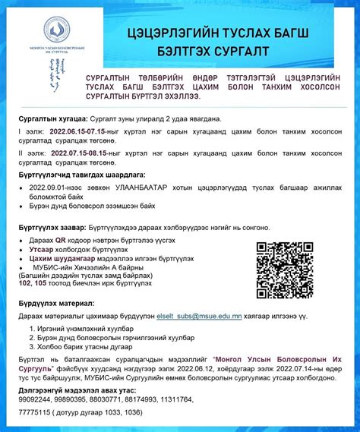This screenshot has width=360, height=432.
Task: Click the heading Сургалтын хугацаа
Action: tap(52, 119)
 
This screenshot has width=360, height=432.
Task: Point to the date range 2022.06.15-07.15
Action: tap(77, 131)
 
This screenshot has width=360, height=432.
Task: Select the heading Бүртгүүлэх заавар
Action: tap(52, 227)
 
